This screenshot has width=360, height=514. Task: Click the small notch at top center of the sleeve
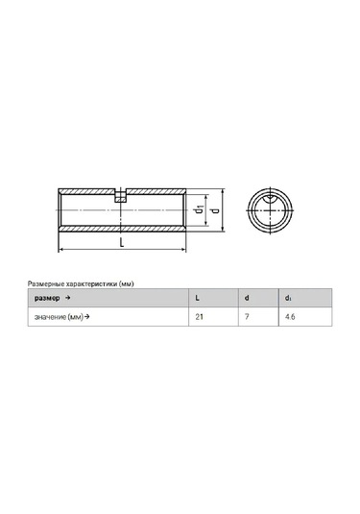point(120,196)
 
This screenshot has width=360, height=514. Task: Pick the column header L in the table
point(197,300)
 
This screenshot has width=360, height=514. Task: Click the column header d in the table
point(247,300)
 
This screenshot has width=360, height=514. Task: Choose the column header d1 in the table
point(289,300)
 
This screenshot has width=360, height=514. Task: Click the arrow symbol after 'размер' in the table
point(68,300)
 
